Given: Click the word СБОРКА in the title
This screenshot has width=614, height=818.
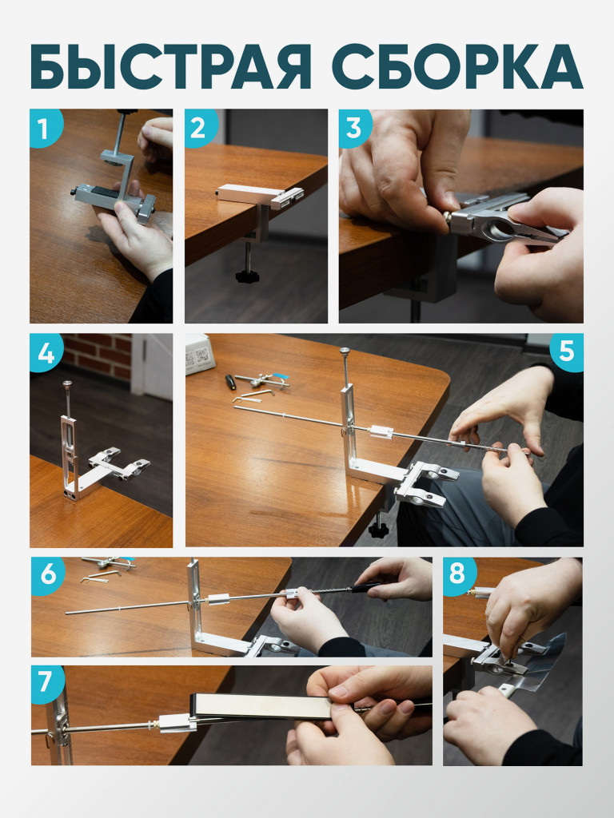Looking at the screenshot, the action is [x=457, y=66].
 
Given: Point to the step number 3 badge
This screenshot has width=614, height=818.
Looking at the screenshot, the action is [x=355, y=127].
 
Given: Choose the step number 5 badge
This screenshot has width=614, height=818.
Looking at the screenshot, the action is [x=567, y=352].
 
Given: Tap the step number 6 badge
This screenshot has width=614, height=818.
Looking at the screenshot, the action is [x=47, y=575].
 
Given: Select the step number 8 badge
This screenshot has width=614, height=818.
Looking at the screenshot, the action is [x=458, y=575].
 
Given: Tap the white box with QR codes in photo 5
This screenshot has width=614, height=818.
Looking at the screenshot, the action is [x=199, y=354].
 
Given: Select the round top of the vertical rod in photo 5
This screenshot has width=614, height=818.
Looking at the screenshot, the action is [x=345, y=351].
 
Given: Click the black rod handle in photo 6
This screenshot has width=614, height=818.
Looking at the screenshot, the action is [x=366, y=588].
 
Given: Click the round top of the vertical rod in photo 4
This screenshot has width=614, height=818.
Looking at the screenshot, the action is [x=68, y=384].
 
